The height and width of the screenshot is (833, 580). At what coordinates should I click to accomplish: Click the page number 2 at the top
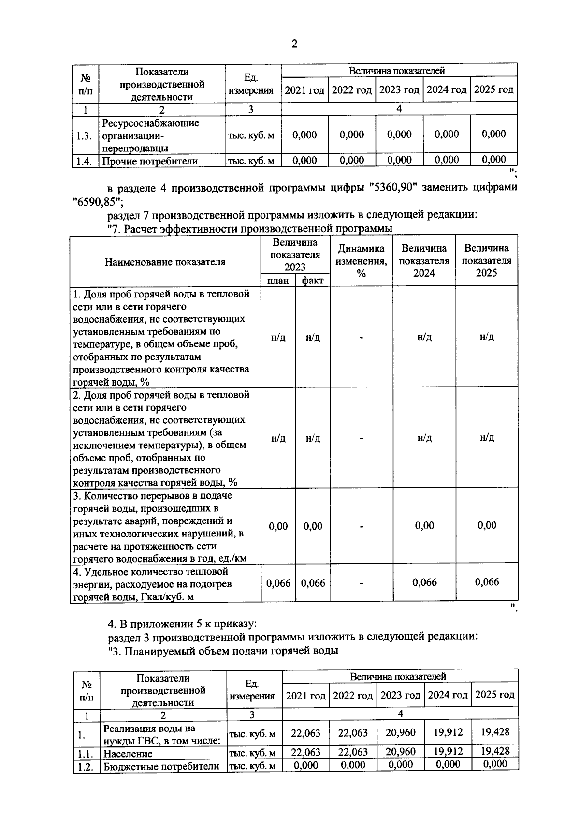coord(294,45)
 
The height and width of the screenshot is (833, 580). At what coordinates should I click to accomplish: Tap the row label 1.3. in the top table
coord(85,136)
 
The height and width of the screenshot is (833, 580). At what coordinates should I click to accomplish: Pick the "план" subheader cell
coord(278,281)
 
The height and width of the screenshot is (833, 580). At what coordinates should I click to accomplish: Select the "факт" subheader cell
coord(313,281)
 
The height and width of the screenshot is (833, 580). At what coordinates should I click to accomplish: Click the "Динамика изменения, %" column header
coord(361,261)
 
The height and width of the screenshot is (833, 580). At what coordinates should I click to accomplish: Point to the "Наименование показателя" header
coord(165,262)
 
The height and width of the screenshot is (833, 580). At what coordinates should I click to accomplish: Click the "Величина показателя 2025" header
coord(487,261)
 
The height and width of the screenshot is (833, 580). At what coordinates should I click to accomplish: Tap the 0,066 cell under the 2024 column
coord(424,582)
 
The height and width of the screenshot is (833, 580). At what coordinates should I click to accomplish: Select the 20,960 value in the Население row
coord(400,752)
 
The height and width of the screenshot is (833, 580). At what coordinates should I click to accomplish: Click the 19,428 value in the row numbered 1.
coord(495,732)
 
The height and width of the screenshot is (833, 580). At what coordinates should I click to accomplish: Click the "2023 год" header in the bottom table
coord(400,696)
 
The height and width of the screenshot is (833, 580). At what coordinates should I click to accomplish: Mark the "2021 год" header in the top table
coord(304,90)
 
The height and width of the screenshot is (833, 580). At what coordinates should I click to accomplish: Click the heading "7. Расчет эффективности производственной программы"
coord(250,228)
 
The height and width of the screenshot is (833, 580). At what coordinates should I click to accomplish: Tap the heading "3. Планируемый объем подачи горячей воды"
coord(222,651)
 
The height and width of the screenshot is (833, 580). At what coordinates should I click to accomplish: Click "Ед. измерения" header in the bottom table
coord(252,690)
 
